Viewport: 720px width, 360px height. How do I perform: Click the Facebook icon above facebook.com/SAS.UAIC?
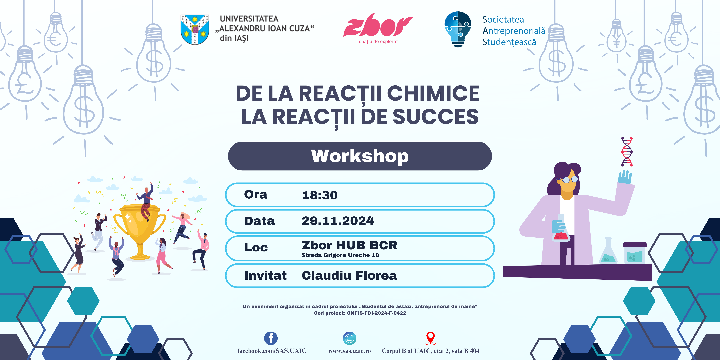[271, 338]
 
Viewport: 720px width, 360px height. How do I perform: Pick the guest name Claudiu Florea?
[349, 276]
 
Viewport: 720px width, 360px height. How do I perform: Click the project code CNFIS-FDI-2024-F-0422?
[376, 313]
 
